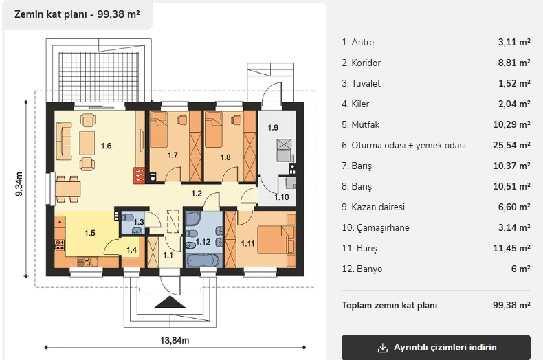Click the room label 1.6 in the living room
106,146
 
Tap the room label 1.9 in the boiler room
273,128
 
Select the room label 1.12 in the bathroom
203,242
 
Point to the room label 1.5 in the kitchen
89,233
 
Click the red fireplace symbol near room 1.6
140,176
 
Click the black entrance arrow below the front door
170,302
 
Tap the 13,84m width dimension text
175,340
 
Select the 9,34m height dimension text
19,184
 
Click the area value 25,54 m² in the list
511,145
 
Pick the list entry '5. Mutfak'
360,124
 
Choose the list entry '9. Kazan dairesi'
373,207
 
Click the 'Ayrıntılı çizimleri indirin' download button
436,347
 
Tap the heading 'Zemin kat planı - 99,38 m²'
77,14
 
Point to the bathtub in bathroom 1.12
203,260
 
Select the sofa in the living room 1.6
64,141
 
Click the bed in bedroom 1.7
159,129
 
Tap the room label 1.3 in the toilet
139,222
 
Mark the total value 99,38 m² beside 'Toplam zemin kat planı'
511,305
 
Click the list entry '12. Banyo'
362,269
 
